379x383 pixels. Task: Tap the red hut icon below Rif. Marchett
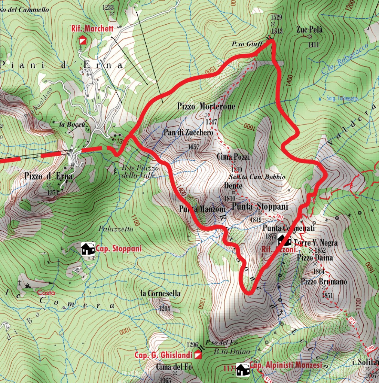(82, 40)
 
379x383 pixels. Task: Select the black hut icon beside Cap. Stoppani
(88, 248)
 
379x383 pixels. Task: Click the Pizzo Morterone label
(206, 107)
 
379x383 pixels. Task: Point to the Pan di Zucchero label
(188, 133)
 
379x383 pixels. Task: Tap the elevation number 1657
(193, 147)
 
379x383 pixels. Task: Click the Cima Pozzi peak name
(233, 157)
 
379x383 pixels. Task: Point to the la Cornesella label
(161, 293)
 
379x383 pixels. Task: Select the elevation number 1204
(164, 309)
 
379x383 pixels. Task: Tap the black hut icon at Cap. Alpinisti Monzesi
(243, 370)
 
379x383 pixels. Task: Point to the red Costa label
(46, 293)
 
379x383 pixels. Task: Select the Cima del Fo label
(174, 367)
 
